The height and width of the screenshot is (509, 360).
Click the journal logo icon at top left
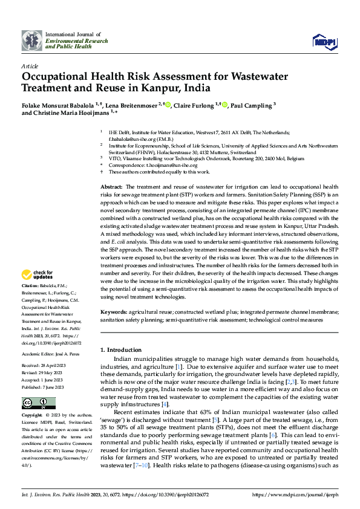(32, 40)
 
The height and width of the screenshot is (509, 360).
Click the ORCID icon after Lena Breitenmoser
(168, 103)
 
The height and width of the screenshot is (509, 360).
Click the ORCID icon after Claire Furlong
(224, 103)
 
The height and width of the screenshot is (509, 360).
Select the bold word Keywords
(114, 311)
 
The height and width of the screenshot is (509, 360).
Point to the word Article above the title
(30, 66)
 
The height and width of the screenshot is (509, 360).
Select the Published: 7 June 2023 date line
(46, 387)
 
